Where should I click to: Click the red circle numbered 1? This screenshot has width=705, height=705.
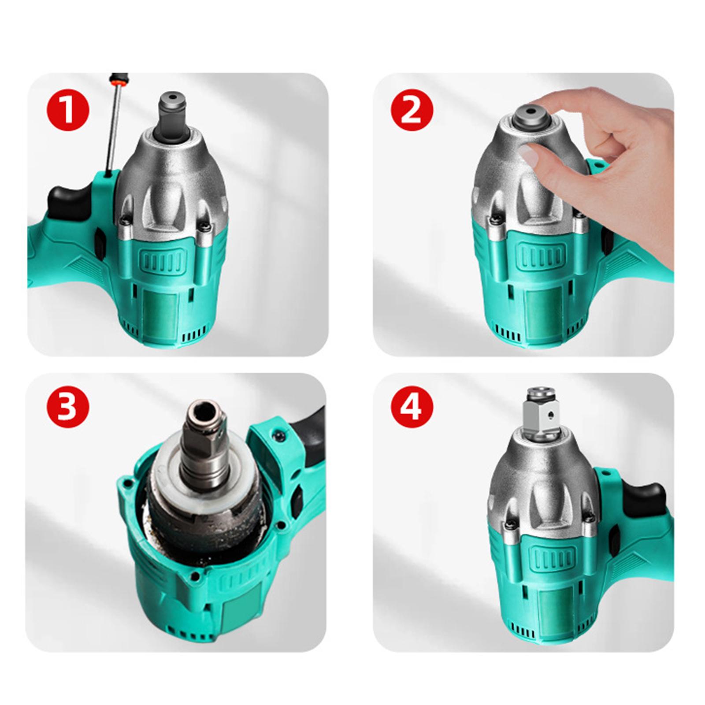coord(68,109)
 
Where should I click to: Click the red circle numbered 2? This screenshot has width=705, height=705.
coord(412,109)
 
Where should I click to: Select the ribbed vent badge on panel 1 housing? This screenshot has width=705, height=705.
coord(162,262)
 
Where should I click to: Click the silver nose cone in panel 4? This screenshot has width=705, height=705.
coord(544,480)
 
